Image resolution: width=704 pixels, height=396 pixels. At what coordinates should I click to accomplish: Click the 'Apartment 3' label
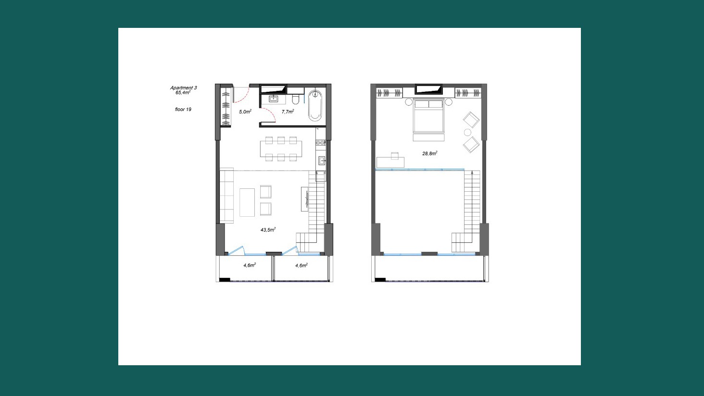183,87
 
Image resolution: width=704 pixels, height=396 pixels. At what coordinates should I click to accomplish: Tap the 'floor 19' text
183,109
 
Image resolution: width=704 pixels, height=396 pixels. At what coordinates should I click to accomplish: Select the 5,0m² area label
245,111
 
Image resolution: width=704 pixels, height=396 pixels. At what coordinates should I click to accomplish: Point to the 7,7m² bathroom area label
288,111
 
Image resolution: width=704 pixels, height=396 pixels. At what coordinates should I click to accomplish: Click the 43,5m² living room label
268,230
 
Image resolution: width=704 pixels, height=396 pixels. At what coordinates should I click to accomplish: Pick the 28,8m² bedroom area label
429,153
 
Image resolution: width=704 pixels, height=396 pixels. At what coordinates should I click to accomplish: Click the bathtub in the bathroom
315,106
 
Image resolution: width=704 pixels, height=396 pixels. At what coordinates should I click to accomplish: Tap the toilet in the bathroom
295,98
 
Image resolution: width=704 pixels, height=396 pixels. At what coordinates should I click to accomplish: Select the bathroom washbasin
274,99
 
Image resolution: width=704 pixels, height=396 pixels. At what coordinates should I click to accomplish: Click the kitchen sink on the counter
322,161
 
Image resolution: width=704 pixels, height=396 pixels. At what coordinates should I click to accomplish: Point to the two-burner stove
320,143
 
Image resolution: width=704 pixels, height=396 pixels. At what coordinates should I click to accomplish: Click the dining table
281,149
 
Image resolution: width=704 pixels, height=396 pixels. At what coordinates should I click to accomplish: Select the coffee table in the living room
247,202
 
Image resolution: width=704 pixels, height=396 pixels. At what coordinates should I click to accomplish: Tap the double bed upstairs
428,116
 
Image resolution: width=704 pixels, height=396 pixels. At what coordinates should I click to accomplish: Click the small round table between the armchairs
468,132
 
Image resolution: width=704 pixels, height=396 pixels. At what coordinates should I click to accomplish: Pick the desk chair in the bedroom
395,155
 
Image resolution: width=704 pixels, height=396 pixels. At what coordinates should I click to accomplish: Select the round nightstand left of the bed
409,102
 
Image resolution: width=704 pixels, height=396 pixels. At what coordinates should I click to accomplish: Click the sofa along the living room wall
226,196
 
